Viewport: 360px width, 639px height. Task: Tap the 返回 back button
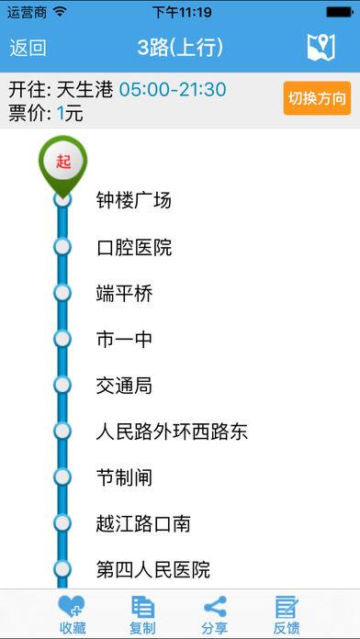pyautogui.click(x=28, y=48)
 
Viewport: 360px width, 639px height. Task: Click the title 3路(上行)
pyautogui.click(x=180, y=48)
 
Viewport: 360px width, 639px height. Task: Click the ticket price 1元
pyautogui.click(x=68, y=113)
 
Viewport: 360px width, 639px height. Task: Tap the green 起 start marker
pyautogui.click(x=62, y=163)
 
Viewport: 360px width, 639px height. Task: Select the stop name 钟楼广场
pyautogui.click(x=134, y=200)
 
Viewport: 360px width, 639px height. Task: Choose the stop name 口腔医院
pyautogui.click(x=134, y=247)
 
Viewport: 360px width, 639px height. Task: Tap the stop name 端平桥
pyautogui.click(x=124, y=294)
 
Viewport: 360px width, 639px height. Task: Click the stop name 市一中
pyautogui.click(x=124, y=340)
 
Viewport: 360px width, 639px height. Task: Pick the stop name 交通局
pyautogui.click(x=124, y=386)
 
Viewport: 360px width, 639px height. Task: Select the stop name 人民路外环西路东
pyautogui.click(x=172, y=432)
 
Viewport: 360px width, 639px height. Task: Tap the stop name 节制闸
pyautogui.click(x=124, y=477)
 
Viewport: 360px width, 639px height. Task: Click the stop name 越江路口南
pyautogui.click(x=143, y=523)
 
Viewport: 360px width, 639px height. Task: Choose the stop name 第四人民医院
pyautogui.click(x=153, y=569)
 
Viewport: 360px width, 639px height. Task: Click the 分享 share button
pyautogui.click(x=215, y=613)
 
